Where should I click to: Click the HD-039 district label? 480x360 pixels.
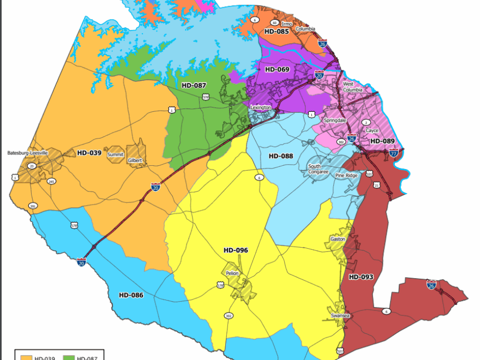(89, 153)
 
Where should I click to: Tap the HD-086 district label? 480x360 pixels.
(131, 295)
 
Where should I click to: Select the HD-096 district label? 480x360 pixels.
(236, 250)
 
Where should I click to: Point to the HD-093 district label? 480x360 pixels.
(361, 277)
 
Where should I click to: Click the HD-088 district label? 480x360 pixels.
(281, 156)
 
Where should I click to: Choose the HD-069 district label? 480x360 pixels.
(277, 70)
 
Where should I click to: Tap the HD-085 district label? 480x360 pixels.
(277, 32)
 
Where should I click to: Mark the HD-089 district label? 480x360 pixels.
(382, 141)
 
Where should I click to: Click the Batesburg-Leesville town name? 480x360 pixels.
(28, 153)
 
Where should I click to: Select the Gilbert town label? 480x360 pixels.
(135, 160)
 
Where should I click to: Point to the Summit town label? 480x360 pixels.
(115, 154)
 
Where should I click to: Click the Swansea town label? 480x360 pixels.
(340, 316)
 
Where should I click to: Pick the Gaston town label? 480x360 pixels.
(338, 239)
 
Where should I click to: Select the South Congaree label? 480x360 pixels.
(319, 169)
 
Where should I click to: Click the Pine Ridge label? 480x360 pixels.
(346, 176)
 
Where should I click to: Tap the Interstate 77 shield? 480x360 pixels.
(393, 154)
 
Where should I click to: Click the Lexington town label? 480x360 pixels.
(261, 107)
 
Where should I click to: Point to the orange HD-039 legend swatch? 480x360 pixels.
(26, 357)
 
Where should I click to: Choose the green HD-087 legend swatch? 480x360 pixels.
(69, 357)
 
